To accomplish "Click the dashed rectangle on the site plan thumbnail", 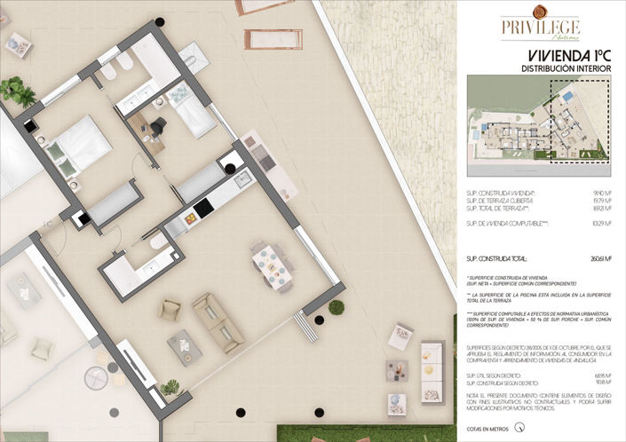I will (579, 122).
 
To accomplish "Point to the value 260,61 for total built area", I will (600, 259).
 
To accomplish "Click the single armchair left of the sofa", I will (170, 310).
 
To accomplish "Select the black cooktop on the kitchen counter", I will (202, 208).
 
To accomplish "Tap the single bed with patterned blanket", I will (190, 108).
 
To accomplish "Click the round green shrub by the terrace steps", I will (336, 307).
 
